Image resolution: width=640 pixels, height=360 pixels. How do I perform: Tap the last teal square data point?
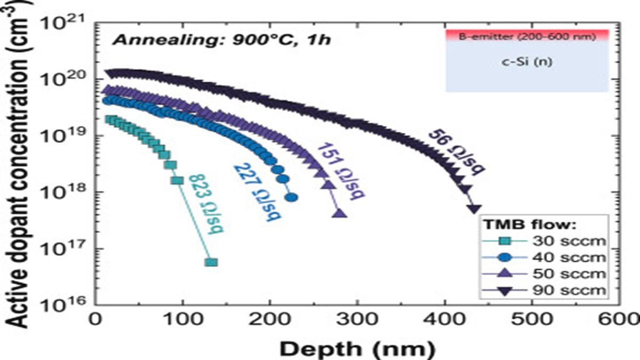(x=211, y=262)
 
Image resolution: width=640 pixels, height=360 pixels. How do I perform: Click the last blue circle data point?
(x=292, y=197)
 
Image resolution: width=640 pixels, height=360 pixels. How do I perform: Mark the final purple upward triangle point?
(x=340, y=214)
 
